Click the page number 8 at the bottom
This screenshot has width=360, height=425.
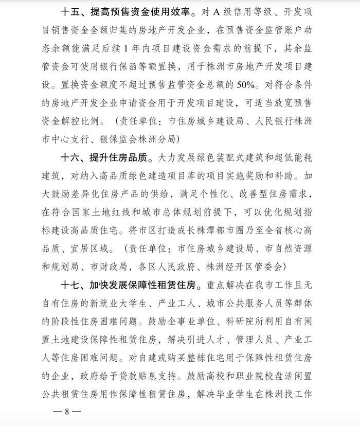point(67,412)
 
